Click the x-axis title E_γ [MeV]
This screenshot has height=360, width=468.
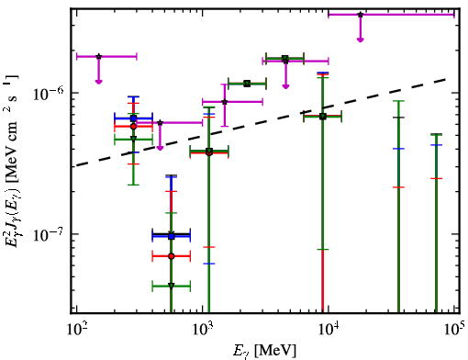264,350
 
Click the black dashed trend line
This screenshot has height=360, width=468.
262,122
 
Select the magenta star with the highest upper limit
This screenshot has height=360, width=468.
361,15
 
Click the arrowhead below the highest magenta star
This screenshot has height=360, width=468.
361,39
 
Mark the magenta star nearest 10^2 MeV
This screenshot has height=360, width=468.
98,56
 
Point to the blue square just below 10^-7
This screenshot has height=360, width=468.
172,236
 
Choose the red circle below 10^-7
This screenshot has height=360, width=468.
172,256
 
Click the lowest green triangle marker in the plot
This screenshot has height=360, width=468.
172,286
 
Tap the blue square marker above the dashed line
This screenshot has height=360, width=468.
133,118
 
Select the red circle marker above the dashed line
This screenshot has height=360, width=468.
133,126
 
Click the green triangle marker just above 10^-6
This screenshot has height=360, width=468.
247,84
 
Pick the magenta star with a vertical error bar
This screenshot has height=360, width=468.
225,102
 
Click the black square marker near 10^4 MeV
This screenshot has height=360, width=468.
323,117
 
